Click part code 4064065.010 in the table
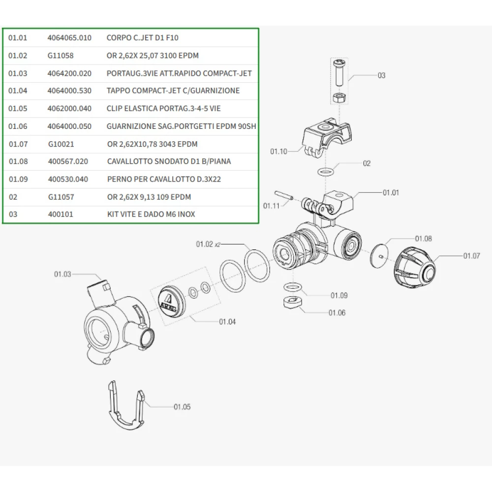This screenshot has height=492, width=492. pyautogui.click(x=69, y=38)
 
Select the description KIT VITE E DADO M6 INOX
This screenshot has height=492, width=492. pyautogui.click(x=154, y=215)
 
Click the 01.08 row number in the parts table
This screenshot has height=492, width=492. pyautogui.click(x=18, y=161)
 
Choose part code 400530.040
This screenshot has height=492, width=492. pyautogui.click(x=68, y=179)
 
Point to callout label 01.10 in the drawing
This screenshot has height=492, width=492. pyautogui.click(x=278, y=152)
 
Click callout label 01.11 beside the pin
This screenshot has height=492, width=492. pyautogui.click(x=271, y=205)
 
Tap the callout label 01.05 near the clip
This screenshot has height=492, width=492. pyautogui.click(x=182, y=407)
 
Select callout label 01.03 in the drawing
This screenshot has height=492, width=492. pyautogui.click(x=62, y=274)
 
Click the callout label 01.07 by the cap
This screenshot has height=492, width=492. pyautogui.click(x=471, y=255)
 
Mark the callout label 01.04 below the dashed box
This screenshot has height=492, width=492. pyautogui.click(x=227, y=322)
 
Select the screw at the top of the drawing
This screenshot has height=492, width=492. pyautogui.click(x=338, y=72)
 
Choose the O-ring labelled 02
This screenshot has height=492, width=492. pyautogui.click(x=325, y=172)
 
